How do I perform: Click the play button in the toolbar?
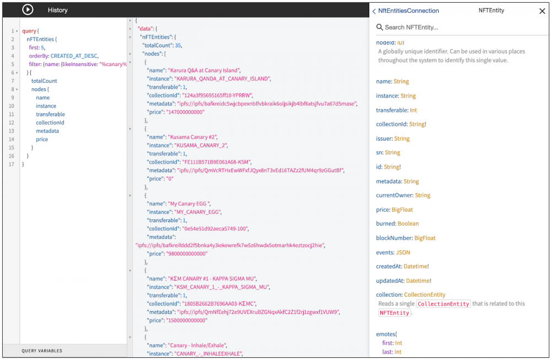[28, 9]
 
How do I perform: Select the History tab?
[58, 10]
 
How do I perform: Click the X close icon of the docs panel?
[542, 11]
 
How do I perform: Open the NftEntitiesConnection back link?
[406, 11]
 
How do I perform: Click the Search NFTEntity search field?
[411, 27]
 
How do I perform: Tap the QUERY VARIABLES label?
[42, 351]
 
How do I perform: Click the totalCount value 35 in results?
[178, 45]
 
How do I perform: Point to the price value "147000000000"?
[185, 112]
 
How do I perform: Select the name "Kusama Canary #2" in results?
[192, 137]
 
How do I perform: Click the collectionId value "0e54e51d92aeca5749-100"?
[215, 229]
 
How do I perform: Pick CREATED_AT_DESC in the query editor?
[74, 56]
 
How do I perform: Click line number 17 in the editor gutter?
[11, 164]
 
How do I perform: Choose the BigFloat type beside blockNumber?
[425, 238]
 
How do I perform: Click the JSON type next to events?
[403, 252]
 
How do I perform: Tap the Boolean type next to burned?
[408, 224]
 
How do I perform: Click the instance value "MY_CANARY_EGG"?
[198, 212]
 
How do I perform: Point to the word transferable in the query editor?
[50, 114]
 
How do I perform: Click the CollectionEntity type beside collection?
[424, 294]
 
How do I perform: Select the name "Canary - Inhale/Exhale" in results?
[197, 345]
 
